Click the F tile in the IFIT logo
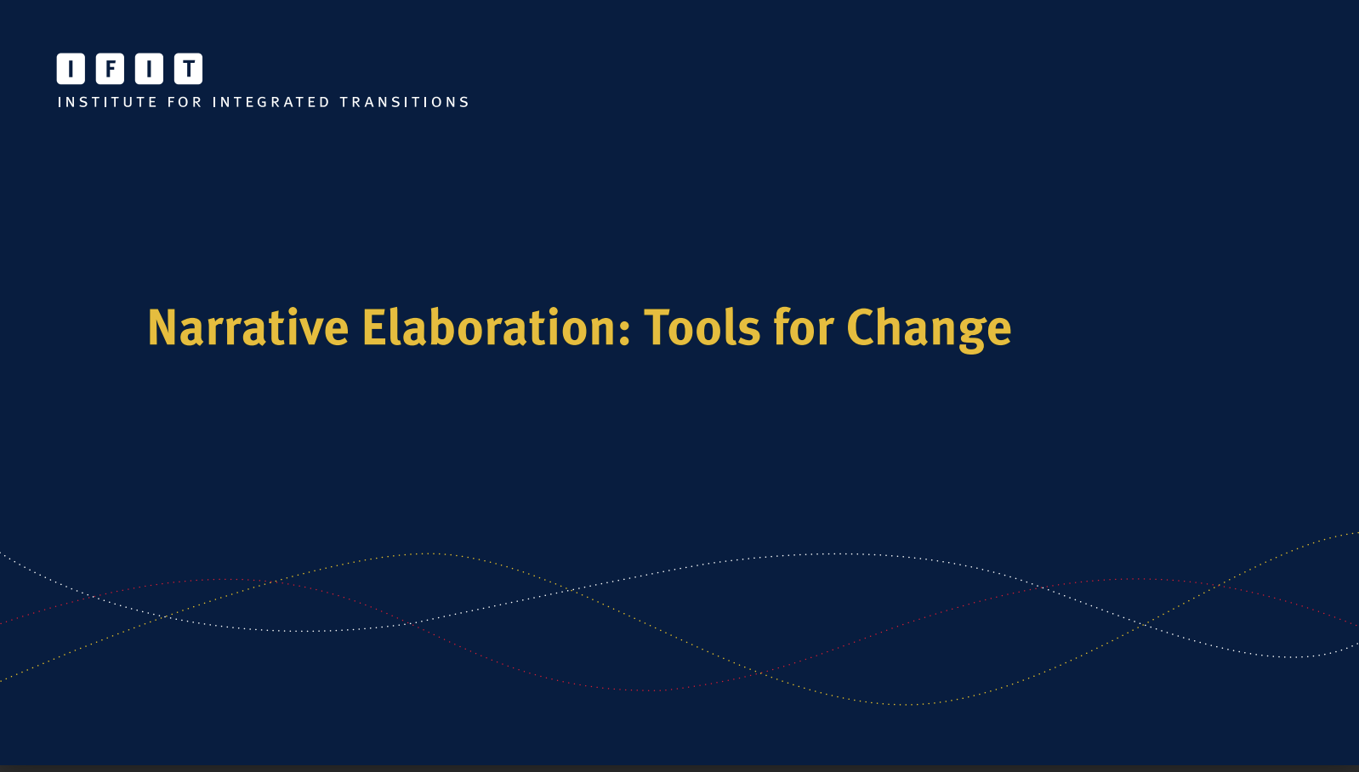point(110,69)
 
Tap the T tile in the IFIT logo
point(188,69)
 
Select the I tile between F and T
point(149,69)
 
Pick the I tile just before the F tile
point(71,69)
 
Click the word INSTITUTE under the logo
point(107,102)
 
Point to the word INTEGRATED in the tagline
point(270,102)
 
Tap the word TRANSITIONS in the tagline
point(405,102)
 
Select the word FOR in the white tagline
point(185,102)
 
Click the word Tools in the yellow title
point(702,328)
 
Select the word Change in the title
point(929,328)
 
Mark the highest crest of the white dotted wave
point(825,554)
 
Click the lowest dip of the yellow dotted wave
point(906,705)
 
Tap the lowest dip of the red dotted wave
point(646,690)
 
